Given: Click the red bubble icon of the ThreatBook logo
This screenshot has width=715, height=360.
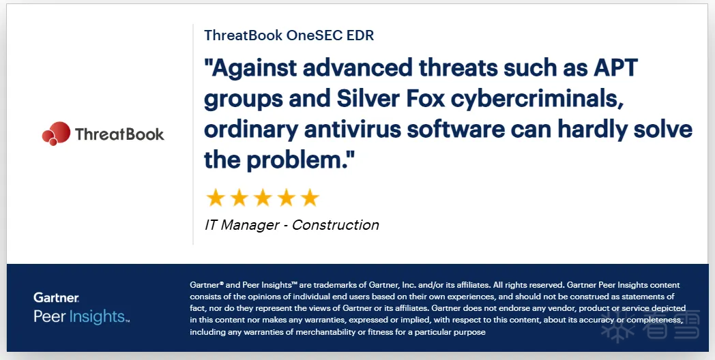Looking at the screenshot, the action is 56,134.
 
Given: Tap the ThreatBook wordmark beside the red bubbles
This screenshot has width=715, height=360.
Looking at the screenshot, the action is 119,134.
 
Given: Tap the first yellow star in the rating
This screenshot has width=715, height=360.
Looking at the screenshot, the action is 215,198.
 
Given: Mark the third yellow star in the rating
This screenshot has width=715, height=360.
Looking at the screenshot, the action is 263,198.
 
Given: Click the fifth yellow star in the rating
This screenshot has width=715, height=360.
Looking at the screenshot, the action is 310,198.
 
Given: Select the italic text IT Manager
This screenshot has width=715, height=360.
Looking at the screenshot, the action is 242,225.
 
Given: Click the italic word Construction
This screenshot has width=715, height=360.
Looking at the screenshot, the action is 336,225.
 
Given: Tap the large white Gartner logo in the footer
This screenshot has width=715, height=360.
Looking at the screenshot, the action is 56,298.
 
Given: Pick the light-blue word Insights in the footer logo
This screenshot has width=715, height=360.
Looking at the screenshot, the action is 97,317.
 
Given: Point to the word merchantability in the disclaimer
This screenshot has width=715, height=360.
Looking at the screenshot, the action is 325,332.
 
